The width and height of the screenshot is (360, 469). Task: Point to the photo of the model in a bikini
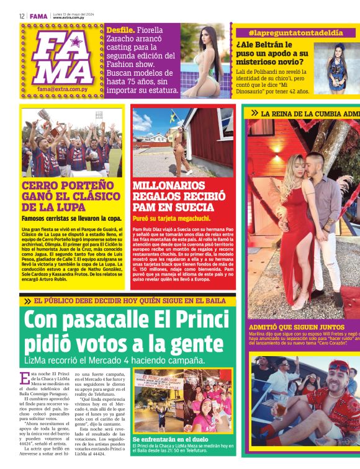point(205,60)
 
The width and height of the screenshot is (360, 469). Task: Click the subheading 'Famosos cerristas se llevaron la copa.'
point(71,218)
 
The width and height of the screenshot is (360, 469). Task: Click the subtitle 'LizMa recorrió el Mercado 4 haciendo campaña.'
point(115,360)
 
